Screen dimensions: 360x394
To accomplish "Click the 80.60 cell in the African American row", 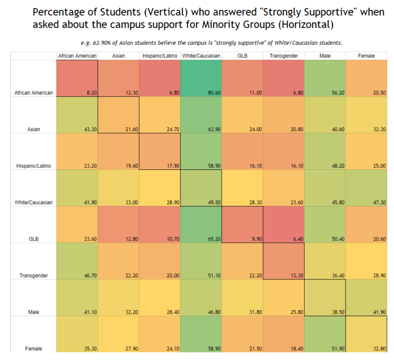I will [201, 78].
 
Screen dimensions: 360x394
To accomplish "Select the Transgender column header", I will [284, 56].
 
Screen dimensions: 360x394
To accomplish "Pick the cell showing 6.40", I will [284, 225].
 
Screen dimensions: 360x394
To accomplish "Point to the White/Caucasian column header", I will [201, 56].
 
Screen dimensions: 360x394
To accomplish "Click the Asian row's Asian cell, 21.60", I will [119, 115].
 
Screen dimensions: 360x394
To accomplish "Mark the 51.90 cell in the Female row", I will [325, 334].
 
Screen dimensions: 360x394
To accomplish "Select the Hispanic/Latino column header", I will [160, 56].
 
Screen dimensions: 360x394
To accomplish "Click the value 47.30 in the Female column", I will [366, 188].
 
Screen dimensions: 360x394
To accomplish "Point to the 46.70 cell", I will [77, 261].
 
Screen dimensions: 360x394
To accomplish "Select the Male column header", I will [325, 56].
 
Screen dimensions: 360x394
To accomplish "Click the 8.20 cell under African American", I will [77, 78].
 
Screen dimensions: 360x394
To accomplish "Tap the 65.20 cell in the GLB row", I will [201, 225].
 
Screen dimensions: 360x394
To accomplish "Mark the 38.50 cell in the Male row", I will [325, 298].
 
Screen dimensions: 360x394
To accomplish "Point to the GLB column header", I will [243, 56].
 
